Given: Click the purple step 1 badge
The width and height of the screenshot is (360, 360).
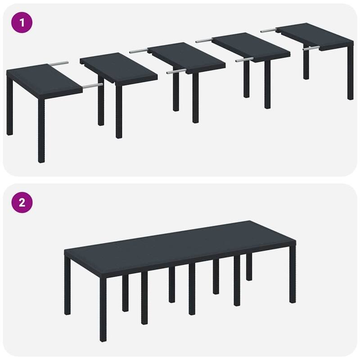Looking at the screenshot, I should (x=22, y=22).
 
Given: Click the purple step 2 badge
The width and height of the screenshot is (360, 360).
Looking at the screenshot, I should (x=22, y=202).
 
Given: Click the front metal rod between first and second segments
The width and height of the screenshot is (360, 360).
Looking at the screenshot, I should (x=93, y=84).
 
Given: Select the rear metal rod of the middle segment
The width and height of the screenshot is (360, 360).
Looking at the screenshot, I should (x=139, y=51).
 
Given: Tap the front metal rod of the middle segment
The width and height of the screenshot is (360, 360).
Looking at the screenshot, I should (x=175, y=71).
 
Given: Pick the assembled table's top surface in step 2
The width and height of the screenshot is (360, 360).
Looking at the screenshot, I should (x=180, y=243).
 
